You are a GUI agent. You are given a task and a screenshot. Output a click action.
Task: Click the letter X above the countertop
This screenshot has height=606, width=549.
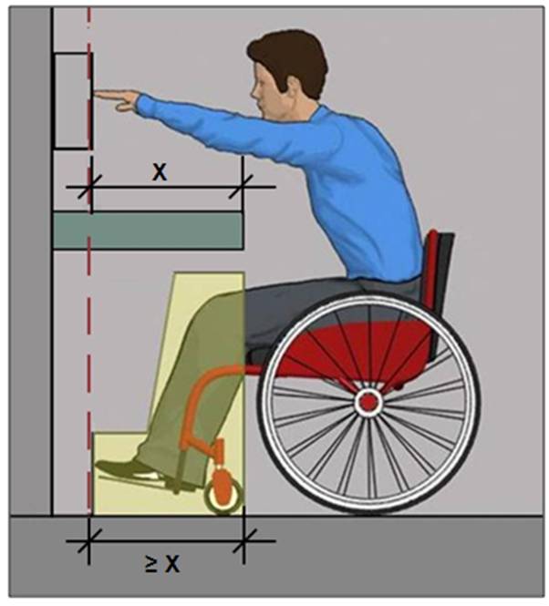160,172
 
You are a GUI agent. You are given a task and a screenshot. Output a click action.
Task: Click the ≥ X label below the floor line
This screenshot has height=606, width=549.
162,564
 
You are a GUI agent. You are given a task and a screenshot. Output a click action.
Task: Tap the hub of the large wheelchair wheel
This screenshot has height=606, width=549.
368,402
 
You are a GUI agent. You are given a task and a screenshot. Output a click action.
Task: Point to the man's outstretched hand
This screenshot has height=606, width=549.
117,99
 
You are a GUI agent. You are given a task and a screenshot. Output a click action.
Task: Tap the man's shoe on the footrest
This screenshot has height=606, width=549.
128,468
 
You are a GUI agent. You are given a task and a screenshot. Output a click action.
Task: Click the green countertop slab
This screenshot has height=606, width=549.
148,231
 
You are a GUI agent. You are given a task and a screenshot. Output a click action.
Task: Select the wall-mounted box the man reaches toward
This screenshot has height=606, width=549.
72,101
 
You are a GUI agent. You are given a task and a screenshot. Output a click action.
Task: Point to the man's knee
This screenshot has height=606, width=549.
211,307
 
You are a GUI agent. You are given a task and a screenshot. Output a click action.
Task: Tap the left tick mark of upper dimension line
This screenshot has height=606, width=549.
89,187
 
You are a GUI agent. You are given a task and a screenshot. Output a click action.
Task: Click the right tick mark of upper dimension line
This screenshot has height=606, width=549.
241,187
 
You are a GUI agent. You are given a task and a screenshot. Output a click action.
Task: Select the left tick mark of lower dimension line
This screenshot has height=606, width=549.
89,541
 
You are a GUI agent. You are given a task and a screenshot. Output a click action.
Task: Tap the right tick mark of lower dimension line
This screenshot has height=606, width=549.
243,541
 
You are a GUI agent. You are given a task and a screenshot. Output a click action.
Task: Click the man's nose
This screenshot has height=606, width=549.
254,92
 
